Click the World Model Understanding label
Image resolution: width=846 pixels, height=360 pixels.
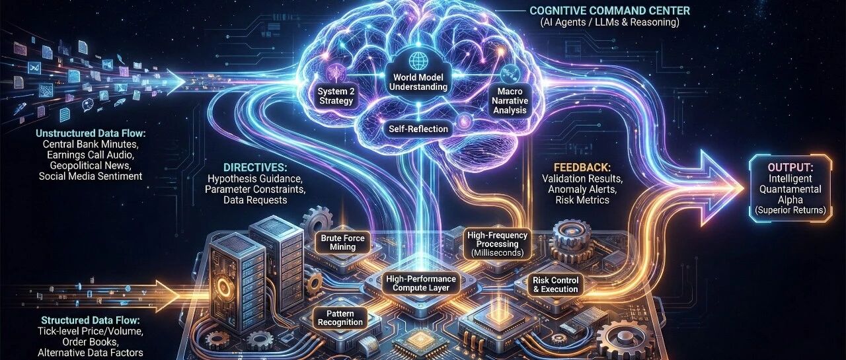(418, 83)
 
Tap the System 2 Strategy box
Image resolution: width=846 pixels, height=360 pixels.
(335, 96)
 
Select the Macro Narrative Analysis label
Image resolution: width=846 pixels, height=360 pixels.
(510, 101)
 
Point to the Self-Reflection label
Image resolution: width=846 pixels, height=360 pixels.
(418, 129)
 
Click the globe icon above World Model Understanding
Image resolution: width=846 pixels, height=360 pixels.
(418, 60)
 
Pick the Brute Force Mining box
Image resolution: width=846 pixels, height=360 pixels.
(342, 242)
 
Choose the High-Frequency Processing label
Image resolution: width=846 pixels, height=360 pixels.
(498, 244)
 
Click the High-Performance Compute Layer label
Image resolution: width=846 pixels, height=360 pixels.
(421, 283)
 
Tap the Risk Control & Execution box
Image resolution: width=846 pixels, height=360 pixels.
(555, 285)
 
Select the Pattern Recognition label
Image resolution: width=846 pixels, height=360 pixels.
(340, 318)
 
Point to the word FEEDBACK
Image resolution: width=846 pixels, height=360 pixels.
(582, 168)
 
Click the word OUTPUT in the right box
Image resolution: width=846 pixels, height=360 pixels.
(790, 168)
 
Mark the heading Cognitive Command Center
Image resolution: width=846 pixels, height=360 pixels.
(609, 11)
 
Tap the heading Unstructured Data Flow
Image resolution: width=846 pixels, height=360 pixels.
(91, 133)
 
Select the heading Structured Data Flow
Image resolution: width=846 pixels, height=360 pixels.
(91, 320)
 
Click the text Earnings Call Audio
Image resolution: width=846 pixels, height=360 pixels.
(91, 155)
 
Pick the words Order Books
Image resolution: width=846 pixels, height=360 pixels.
(91, 342)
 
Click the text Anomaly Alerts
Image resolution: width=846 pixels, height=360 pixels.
(582, 189)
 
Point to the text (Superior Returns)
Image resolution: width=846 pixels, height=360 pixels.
(790, 210)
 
